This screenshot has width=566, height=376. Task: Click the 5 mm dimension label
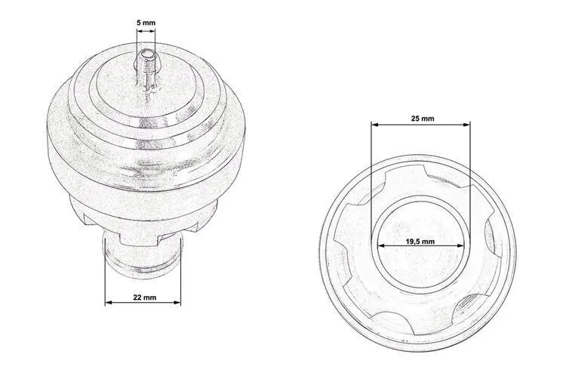click(146, 23)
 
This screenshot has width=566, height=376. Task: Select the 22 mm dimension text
click(143, 296)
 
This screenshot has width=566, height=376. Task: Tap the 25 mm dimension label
click(422, 119)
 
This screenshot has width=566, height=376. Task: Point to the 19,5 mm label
click(420, 242)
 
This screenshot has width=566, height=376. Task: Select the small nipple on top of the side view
click(145, 66)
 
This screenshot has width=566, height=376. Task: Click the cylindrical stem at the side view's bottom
click(142, 253)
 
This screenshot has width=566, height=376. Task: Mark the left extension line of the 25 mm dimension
click(371, 174)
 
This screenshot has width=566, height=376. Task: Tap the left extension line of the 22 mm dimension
click(105, 279)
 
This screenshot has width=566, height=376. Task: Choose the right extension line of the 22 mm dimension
click(181, 279)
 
